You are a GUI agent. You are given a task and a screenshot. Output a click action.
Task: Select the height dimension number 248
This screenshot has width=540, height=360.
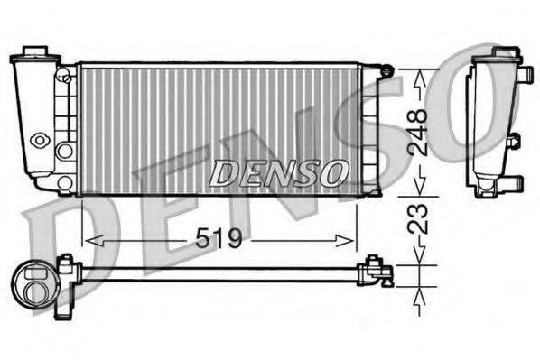(417, 133)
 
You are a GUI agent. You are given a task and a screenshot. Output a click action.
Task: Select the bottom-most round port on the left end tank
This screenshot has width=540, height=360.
(64, 183)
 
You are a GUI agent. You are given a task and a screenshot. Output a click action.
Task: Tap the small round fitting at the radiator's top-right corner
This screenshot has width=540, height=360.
(386, 69)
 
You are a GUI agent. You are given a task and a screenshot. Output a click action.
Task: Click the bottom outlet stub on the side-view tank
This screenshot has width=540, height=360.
(511, 184)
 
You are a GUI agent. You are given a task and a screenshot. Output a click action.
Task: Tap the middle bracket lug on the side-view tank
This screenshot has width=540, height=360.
(513, 141)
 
